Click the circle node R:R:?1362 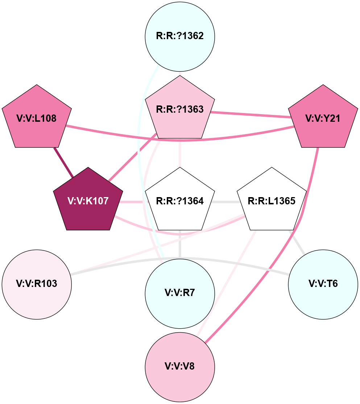click(180, 36)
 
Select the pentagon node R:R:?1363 click(180, 109)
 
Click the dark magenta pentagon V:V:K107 click(88, 201)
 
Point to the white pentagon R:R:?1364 click(180, 201)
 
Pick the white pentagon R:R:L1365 click(272, 201)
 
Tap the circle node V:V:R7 click(180, 293)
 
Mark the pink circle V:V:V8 click(180, 366)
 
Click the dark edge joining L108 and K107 click(63, 162)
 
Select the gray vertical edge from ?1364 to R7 click(180, 245)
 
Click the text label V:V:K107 click(88, 201)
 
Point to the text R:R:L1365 click(272, 201)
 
